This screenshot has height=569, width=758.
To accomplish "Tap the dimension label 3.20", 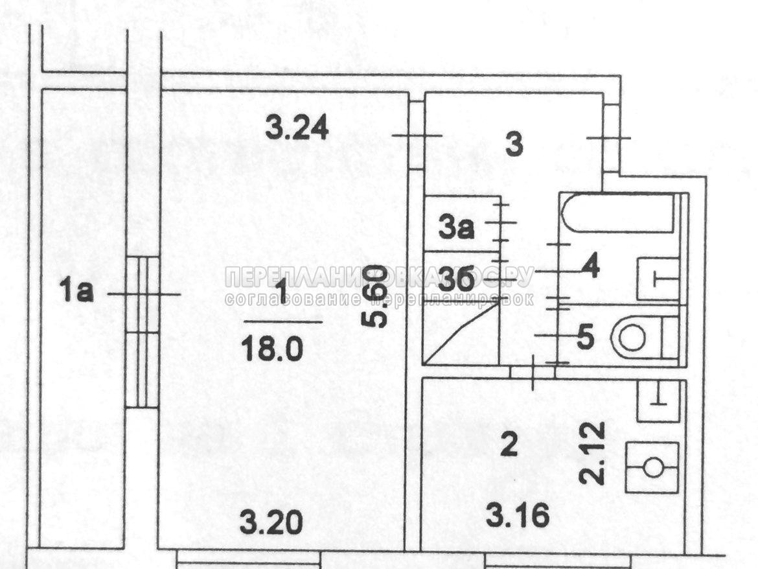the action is [271, 522].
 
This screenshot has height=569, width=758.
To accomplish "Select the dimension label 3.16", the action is [518, 517].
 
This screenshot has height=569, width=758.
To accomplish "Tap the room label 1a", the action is [77, 293].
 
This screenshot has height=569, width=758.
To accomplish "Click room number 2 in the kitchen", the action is [510, 445].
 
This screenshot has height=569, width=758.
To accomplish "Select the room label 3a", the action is [457, 228].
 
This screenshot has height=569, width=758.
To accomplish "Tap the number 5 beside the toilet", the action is [584, 337].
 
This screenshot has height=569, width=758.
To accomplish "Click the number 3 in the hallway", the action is [514, 145].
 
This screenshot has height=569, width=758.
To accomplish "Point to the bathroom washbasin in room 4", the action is [658, 279].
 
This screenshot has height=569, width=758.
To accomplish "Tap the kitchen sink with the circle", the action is [652, 467].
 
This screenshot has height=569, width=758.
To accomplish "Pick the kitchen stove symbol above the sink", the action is [658, 401].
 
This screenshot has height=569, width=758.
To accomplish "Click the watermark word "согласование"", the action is [291, 299].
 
